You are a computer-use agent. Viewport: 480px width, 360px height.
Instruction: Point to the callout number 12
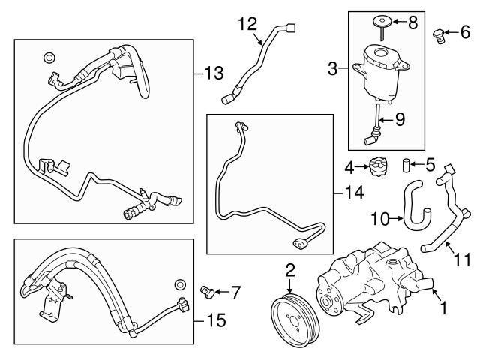pyautogui.click(x=247, y=23)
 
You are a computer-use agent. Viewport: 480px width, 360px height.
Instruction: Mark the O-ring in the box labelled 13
pyautogui.click(x=49, y=57)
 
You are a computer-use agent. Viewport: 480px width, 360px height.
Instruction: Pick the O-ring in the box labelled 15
pyautogui.click(x=180, y=283)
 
